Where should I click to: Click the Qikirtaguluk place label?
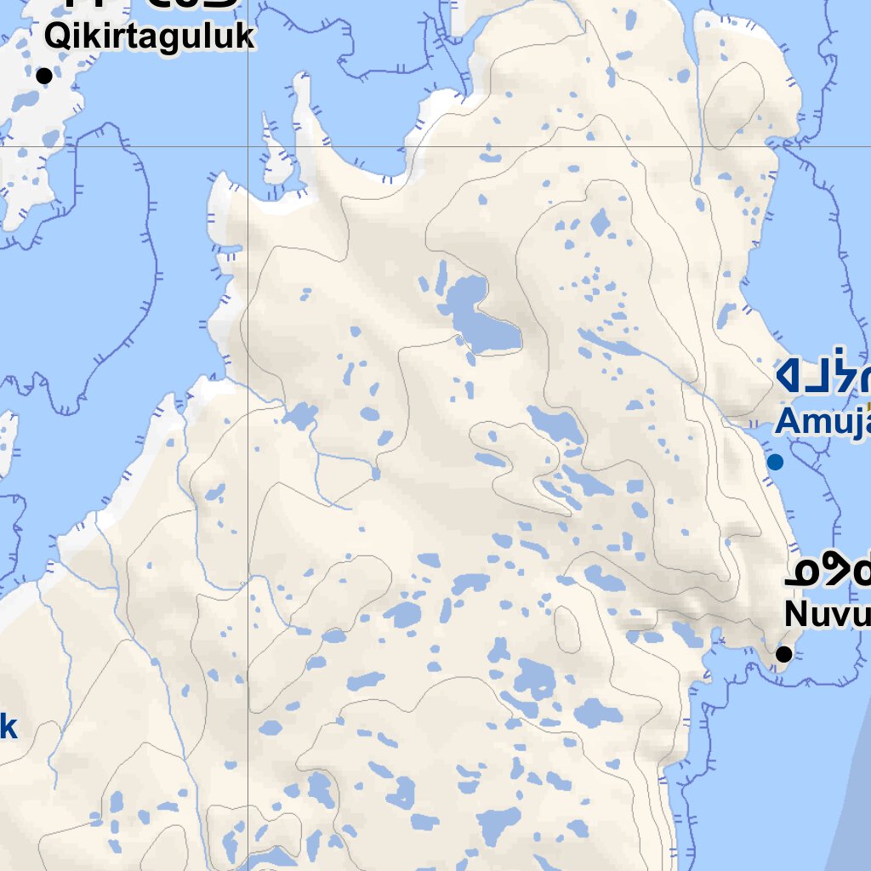pos(149,37)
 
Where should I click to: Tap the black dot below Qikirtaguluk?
pos(44,76)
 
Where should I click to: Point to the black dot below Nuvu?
pos(784,654)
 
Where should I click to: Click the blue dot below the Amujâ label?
pos(775,462)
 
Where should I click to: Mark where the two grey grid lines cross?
pos(248,146)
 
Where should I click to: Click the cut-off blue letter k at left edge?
pos(8,727)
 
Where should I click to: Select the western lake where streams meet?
pos(299,417)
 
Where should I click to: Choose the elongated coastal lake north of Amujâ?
pos(725,316)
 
